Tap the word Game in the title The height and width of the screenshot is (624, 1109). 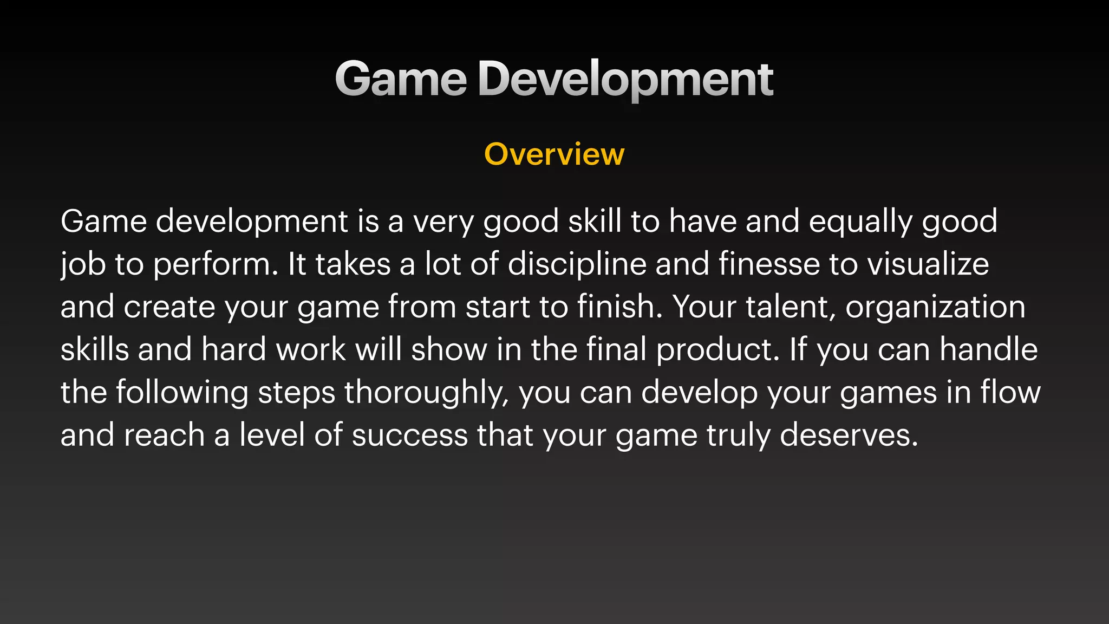[x=401, y=80]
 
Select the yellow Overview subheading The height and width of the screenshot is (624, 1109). [x=554, y=154]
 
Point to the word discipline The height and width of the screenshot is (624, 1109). [x=577, y=264]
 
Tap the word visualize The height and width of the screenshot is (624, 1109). [x=928, y=264]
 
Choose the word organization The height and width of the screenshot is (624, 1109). [x=935, y=307]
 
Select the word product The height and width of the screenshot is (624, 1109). [x=717, y=350]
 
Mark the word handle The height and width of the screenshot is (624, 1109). [x=988, y=350]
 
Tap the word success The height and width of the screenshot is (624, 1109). [x=409, y=435]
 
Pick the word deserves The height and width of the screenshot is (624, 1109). [x=849, y=435]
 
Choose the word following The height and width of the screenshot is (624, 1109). [x=182, y=393]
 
